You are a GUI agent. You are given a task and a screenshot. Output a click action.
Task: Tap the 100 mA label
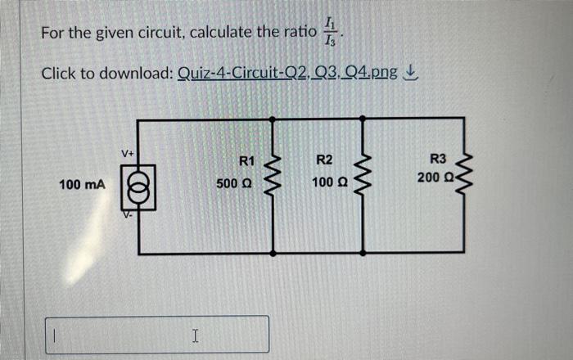click(x=82, y=186)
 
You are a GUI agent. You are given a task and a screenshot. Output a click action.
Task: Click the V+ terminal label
click(x=129, y=152)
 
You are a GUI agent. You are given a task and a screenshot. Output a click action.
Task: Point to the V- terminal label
click(x=129, y=218)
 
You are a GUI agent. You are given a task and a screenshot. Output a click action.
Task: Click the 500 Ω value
click(x=234, y=185)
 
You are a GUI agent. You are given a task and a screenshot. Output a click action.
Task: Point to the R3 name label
click(x=439, y=159)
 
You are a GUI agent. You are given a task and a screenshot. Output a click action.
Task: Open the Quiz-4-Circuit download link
click(x=286, y=74)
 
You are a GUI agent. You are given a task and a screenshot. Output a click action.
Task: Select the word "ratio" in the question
click(x=293, y=33)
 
